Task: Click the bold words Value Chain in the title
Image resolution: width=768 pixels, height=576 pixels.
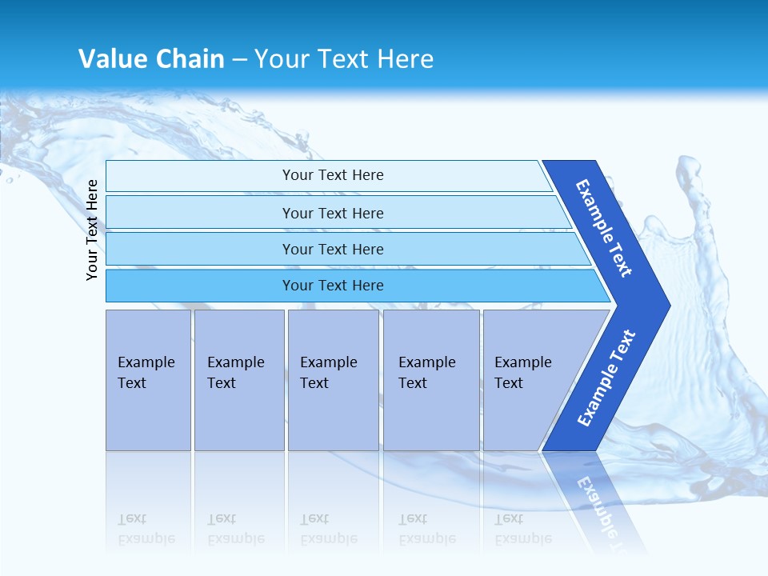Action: pyautogui.click(x=151, y=59)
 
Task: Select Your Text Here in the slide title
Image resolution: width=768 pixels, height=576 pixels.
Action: pyautogui.click(x=344, y=59)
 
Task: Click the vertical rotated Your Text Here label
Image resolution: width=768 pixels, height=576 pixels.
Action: pyautogui.click(x=92, y=230)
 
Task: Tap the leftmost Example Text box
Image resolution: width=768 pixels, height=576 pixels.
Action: pyautogui.click(x=148, y=380)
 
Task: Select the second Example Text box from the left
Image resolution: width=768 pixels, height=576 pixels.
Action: pyautogui.click(x=239, y=380)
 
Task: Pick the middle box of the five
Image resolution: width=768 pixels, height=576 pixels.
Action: pyautogui.click(x=333, y=380)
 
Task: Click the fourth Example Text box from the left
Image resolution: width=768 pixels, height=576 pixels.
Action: pyautogui.click(x=431, y=380)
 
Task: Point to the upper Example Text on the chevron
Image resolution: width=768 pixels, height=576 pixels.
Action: pyautogui.click(x=604, y=228)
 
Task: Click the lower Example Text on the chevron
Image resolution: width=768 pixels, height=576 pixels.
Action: pyautogui.click(x=606, y=378)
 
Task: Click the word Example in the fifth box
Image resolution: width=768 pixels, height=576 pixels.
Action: pyautogui.click(x=523, y=362)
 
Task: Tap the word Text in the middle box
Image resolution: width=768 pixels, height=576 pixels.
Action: pyautogui.click(x=314, y=383)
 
